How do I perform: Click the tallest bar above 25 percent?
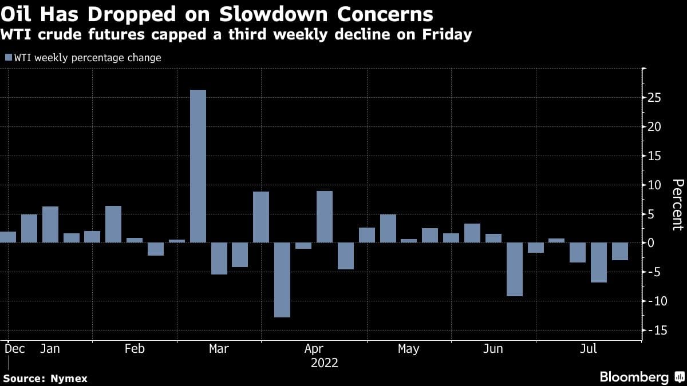tap(198, 166)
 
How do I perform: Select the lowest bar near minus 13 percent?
tap(282, 280)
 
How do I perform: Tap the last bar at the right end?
tap(620, 251)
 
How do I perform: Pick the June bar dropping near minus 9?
tap(515, 269)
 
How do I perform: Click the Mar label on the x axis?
tap(219, 349)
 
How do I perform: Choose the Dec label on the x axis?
tap(14, 349)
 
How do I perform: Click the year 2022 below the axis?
tap(325, 363)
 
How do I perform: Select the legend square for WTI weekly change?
tap(8, 58)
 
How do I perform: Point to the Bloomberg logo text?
tap(634, 377)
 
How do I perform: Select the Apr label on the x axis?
tap(314, 349)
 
